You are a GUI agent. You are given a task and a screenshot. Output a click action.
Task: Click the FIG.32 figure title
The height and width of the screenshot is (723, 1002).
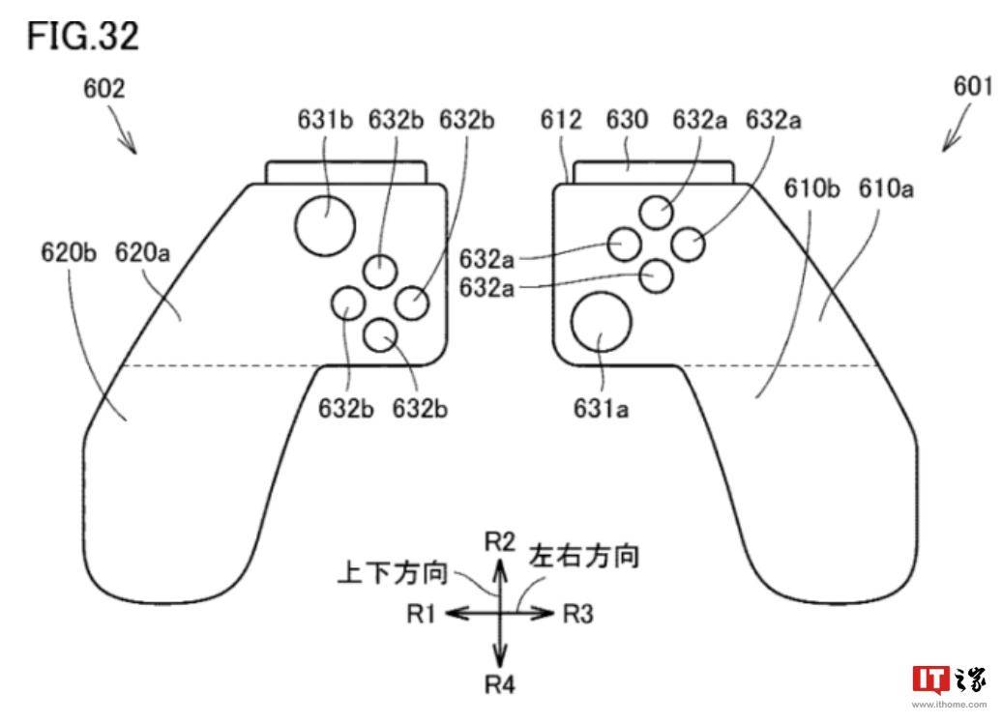coord(82,36)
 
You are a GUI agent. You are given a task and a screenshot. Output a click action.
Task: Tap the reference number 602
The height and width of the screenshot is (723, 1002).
coord(104,88)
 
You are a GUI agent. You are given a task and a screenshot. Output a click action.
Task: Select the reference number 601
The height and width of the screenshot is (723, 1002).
coord(973,86)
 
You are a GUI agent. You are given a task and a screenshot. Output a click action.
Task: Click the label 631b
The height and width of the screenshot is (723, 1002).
coord(325,120)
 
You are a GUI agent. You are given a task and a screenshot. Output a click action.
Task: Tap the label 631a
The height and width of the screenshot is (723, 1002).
coord(601,408)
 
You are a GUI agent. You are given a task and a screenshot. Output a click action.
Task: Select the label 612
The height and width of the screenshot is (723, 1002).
coord(561,120)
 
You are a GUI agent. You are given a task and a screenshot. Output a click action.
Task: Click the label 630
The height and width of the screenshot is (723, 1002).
coord(627,120)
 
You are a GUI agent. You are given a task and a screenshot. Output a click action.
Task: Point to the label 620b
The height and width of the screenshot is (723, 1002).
coord(69,253)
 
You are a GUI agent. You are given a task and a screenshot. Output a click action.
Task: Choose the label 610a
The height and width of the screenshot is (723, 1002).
coord(886,188)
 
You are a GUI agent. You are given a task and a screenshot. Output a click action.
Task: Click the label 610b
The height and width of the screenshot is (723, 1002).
coord(811,188)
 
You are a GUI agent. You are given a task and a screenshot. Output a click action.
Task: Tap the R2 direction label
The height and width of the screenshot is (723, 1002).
coord(500,542)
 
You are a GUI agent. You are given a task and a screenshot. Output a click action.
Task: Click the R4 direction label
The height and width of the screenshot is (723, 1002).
coord(500,684)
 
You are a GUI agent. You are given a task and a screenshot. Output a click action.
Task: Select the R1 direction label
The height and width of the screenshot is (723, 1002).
coord(421,614)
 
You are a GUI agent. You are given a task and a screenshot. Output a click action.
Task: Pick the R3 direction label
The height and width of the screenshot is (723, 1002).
coord(578,614)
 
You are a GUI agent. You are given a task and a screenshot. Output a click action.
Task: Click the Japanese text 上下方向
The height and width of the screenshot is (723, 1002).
coord(393,572)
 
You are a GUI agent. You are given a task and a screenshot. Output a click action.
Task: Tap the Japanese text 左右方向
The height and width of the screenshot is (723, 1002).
coord(584,557)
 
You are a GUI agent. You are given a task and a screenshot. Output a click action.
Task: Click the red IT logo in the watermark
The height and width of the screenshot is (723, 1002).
coord(931,680)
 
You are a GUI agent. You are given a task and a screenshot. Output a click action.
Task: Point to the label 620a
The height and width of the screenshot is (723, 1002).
coord(142,253)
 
